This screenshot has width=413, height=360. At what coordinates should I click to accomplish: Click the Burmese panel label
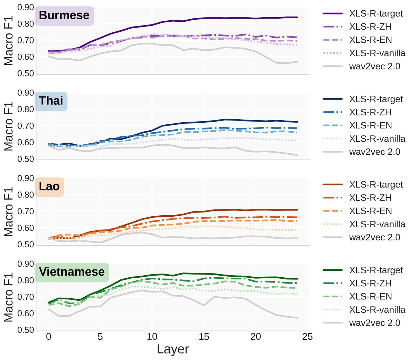pyautogui.click(x=64, y=16)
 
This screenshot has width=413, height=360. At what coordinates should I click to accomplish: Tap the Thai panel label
pyautogui.click(x=51, y=101)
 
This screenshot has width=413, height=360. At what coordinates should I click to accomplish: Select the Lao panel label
pyautogui.click(x=49, y=186)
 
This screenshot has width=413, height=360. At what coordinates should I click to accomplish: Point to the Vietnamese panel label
pyautogui.click(x=72, y=272)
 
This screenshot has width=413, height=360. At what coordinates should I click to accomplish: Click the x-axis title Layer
pyautogui.click(x=172, y=349)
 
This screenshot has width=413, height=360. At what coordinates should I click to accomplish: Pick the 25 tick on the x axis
pyautogui.click(x=307, y=337)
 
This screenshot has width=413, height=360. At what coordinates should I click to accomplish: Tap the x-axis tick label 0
pyautogui.click(x=49, y=337)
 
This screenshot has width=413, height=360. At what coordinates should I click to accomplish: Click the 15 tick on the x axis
pyautogui.click(x=204, y=337)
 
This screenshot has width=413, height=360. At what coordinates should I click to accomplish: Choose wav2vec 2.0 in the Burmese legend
pyautogui.click(x=374, y=66)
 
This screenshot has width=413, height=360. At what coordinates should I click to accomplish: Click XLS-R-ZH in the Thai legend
pyautogui.click(x=370, y=112)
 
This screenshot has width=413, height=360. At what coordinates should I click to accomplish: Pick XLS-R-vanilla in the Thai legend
pyautogui.click(x=377, y=139)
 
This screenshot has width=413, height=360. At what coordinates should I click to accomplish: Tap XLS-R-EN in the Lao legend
pyautogui.click(x=370, y=211)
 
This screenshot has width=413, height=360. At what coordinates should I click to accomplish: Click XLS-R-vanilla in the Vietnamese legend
pyautogui.click(x=377, y=310)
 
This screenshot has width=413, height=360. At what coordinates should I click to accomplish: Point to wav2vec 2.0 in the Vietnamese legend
pyautogui.click(x=374, y=323)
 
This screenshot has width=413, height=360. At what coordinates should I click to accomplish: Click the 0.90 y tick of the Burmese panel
pyautogui.click(x=26, y=7)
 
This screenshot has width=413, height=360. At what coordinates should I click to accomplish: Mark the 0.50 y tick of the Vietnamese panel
pyautogui.click(x=26, y=330)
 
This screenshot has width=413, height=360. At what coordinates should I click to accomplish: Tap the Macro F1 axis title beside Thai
pyautogui.click(x=9, y=126)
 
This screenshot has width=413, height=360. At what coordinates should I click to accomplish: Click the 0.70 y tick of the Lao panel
pyautogui.click(x=26, y=211)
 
